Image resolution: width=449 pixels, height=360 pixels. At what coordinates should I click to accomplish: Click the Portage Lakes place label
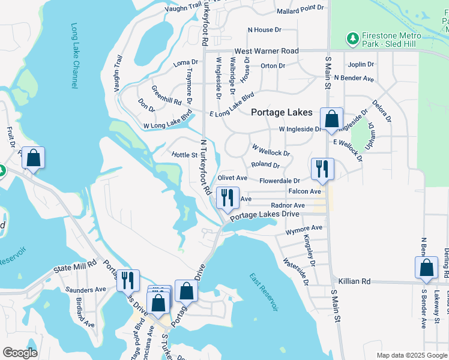pyautogui.click(x=282, y=112)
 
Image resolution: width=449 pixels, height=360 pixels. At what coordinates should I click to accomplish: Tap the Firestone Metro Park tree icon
pyautogui.click(x=353, y=38)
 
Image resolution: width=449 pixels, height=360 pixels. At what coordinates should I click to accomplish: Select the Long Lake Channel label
pyautogui.click(x=74, y=56)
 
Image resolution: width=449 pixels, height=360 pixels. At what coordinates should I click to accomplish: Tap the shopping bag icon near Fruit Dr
pyautogui.click(x=34, y=158)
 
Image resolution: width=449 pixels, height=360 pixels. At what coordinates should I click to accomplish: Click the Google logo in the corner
pyautogui.click(x=20, y=353)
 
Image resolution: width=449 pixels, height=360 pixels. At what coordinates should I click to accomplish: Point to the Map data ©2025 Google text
pyautogui.click(x=412, y=355)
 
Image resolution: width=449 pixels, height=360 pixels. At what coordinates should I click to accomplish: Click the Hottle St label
pyautogui.click(x=185, y=155)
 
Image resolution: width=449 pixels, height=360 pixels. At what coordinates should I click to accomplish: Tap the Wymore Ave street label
pyautogui.click(x=304, y=228)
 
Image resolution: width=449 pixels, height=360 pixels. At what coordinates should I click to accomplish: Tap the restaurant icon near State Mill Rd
pyautogui.click(x=128, y=280)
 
